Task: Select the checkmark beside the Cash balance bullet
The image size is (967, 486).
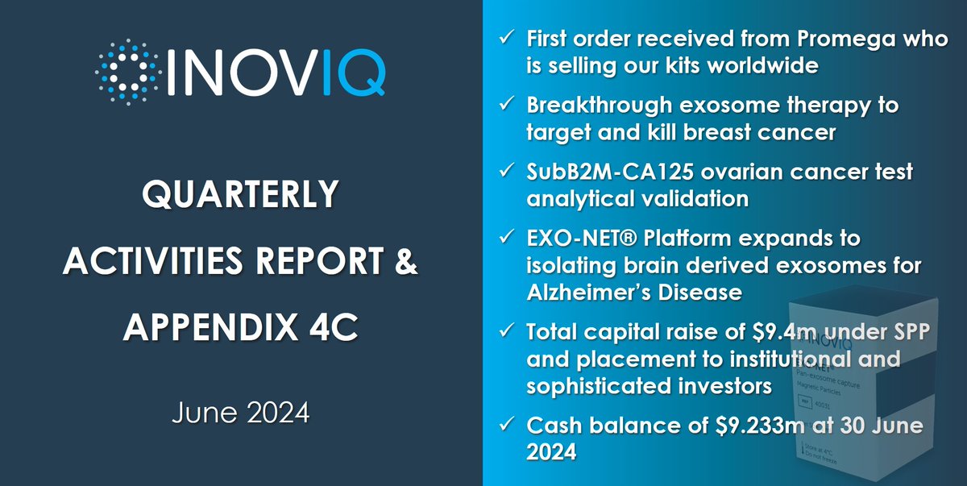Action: (x=504, y=425)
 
